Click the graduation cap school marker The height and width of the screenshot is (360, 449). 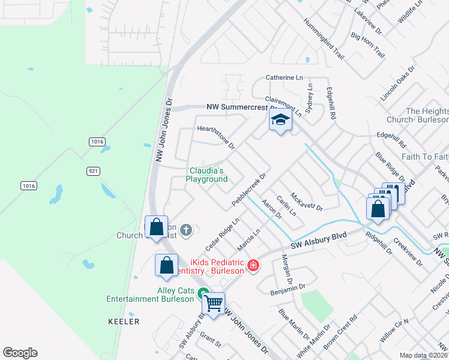tap(280, 120)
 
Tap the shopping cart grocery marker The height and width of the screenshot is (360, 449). tap(213, 304)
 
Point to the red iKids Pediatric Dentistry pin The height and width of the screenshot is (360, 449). tap(253, 265)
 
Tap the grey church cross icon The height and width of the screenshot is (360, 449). tap(186, 229)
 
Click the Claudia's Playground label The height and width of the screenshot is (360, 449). tap(206, 175)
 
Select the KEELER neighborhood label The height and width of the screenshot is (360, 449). tap(123, 322)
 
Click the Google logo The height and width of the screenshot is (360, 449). tap(20, 353)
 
